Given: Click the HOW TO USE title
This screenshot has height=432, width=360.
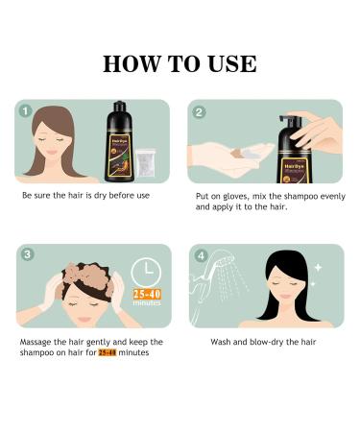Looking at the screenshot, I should coord(180,64).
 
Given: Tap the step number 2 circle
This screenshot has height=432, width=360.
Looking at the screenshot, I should coord(200,111).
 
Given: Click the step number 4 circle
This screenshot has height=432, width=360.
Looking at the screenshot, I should coord(200,256).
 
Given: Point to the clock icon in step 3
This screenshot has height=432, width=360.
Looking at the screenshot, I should coord(147,271).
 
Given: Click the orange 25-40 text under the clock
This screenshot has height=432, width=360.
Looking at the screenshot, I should coord(147,292).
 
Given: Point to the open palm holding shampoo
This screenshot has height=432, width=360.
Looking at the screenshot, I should coord(235,154).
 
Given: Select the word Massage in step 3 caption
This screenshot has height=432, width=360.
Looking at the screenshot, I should coord(37,342).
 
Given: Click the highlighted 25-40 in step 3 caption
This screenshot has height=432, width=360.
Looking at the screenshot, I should coord(107,353).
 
